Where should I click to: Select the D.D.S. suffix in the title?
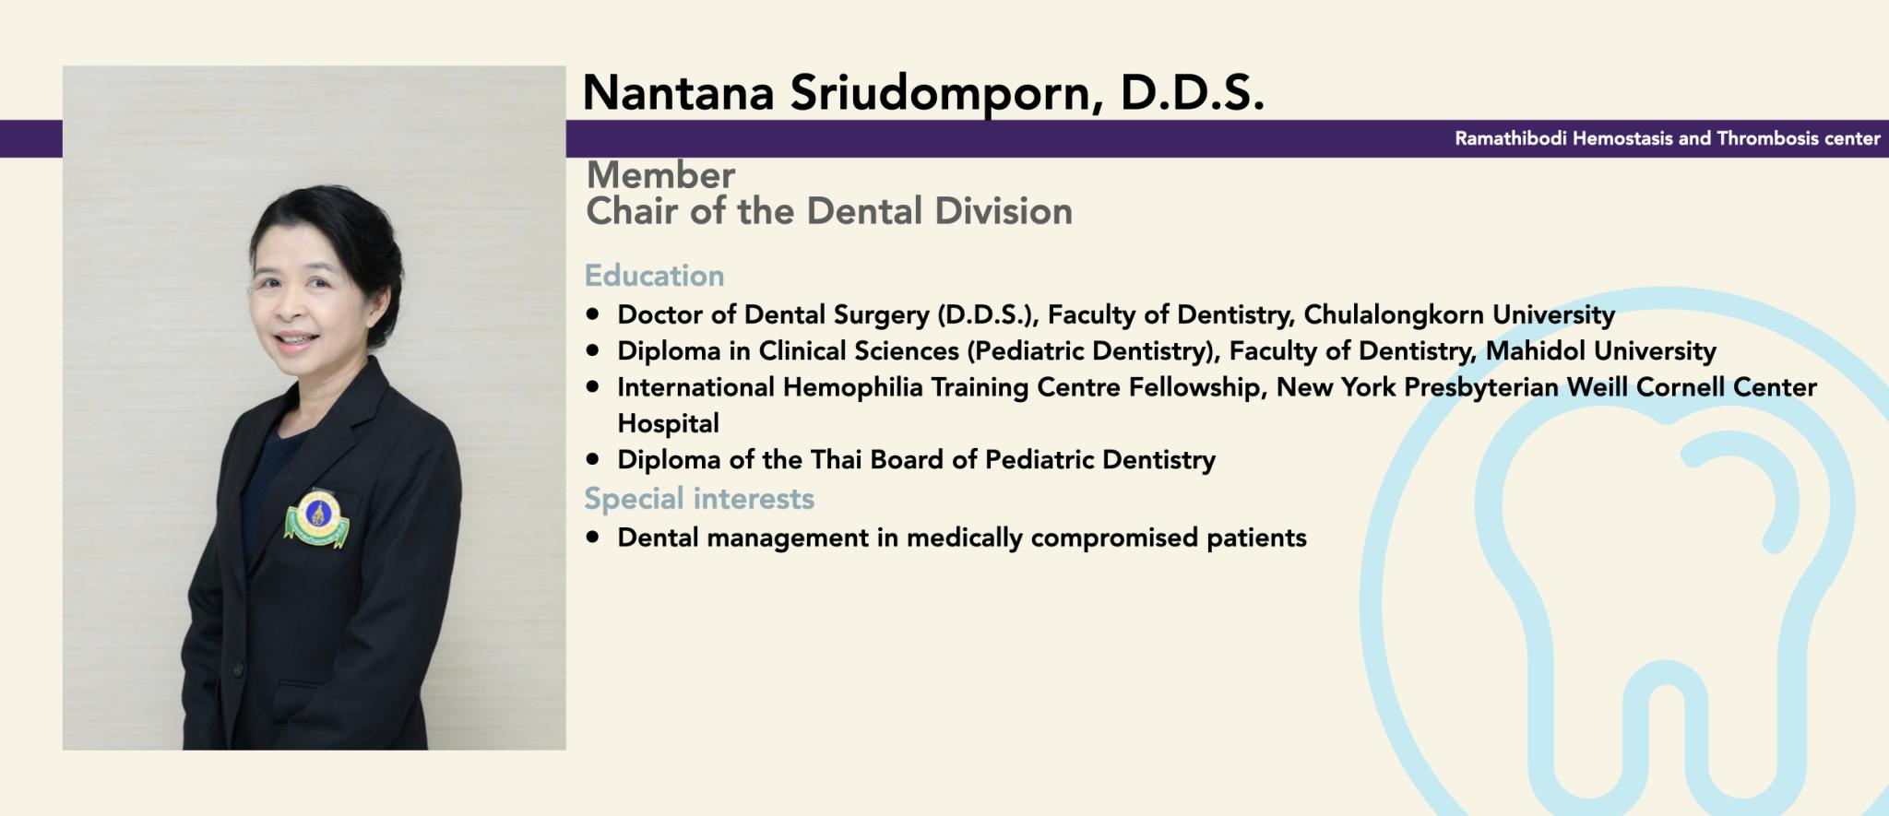point(1192,92)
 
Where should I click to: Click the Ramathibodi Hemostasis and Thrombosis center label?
point(1668,138)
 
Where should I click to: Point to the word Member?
point(660,174)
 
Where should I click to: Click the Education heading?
point(654,275)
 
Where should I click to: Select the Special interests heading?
point(699,498)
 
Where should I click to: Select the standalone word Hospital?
point(668,423)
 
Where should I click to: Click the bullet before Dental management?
point(593,537)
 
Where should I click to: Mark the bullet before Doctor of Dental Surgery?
point(593,314)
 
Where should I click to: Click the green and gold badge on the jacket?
point(316,520)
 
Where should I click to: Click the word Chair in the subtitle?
point(635,211)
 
